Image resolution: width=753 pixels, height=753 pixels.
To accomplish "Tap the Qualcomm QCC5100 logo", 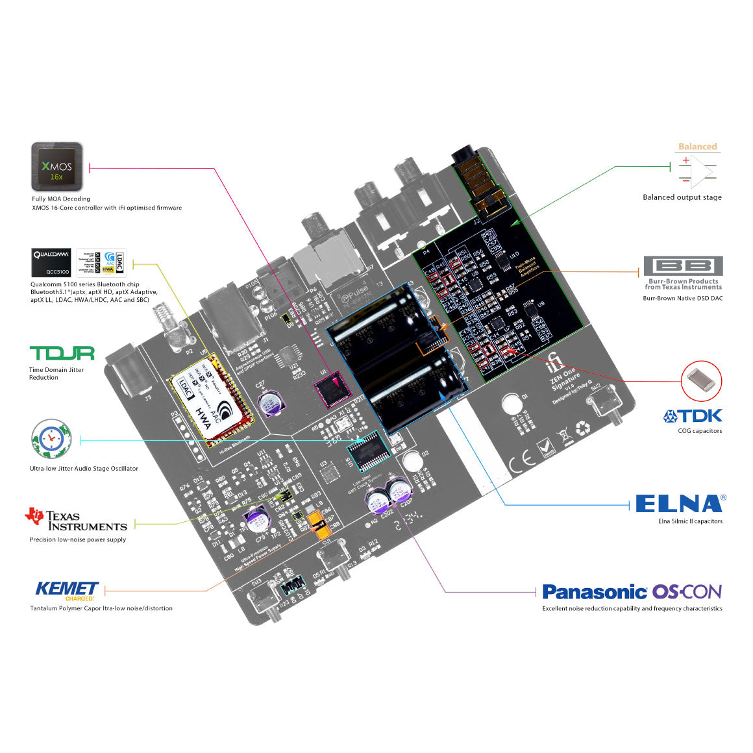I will tap(51, 263).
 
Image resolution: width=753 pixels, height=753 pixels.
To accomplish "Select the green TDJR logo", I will tap(62, 353).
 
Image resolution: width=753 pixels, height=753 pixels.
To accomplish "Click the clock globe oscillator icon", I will tap(50, 439).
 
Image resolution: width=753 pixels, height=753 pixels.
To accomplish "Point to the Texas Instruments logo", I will tap(76, 519).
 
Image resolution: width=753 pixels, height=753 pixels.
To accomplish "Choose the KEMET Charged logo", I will tap(68, 590).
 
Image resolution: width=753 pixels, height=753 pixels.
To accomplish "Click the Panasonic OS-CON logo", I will tap(632, 591).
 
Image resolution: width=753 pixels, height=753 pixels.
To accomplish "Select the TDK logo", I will tap(692, 415).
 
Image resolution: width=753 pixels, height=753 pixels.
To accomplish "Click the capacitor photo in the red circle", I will tap(702, 381).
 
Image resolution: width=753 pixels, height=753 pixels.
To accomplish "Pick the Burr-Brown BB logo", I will tap(683, 266).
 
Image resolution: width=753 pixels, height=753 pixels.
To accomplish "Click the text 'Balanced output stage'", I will tap(682, 197).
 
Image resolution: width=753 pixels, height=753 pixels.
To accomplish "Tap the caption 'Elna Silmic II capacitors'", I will tap(690, 521).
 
